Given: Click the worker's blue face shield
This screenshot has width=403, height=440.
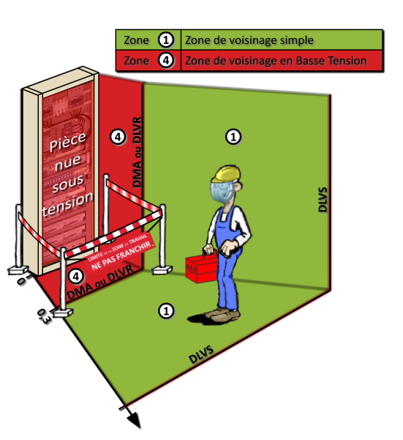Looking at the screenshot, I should point(222,193).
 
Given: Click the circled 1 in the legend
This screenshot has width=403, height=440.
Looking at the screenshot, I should point(166,40).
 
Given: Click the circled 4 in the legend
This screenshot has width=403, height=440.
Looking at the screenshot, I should point(166,61).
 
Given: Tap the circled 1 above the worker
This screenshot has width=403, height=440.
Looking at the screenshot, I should point(233,136).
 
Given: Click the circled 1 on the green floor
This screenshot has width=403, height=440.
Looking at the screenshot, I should point(167,310).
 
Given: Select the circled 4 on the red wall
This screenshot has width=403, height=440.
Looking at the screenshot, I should point(118,136).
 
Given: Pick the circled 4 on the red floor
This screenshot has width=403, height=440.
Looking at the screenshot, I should point(75,276).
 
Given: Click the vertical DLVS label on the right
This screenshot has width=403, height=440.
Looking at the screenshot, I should point(323,198).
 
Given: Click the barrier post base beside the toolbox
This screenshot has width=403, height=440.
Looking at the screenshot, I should point(161,271).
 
